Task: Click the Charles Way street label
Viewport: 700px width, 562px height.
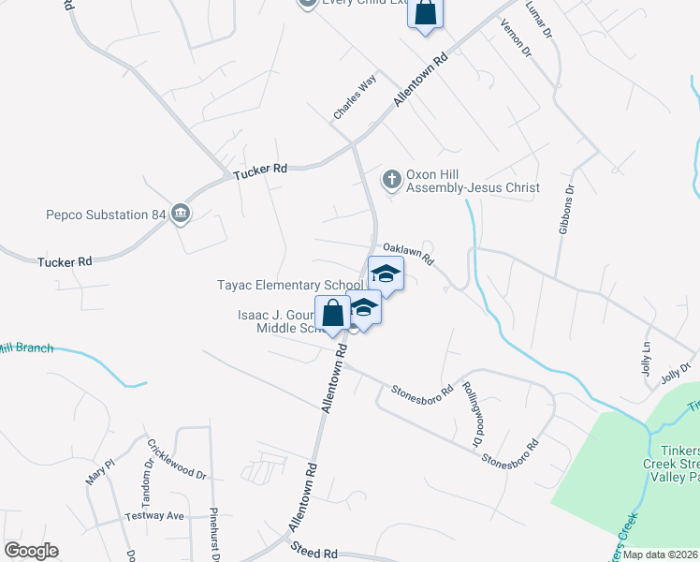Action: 354,97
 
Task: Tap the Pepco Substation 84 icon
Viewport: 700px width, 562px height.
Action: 181,214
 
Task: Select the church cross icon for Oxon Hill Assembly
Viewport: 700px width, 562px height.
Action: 391,178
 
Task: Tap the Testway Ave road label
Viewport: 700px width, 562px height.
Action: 155,516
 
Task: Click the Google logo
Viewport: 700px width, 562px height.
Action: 31,551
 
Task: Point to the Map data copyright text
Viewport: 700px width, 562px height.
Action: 660,555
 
